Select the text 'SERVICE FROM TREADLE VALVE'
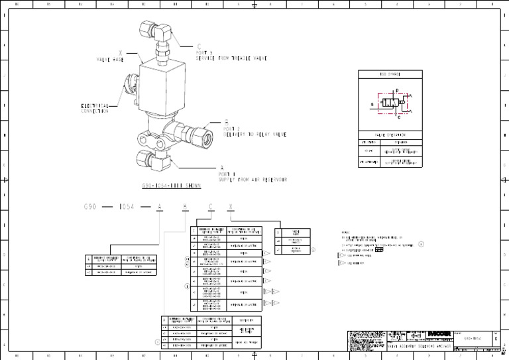[231, 58]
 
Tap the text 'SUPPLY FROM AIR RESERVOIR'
[253, 180]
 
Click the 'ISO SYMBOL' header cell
[389, 75]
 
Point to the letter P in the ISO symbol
[396, 91]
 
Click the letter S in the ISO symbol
[372, 104]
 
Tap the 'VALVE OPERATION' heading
[390, 135]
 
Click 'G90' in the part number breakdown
[91, 208]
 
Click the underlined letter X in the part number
[231, 208]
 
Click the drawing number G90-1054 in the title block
[472, 336]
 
